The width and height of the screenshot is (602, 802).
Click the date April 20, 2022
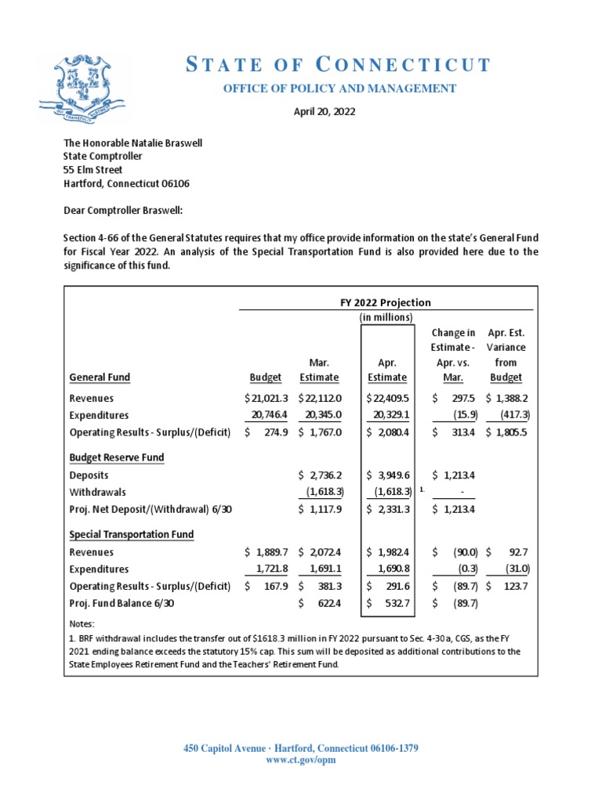point(324,112)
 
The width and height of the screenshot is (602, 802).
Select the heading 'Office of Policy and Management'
point(339,89)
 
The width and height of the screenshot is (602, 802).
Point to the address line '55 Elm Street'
point(92,169)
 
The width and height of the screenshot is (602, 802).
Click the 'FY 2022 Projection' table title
point(387,303)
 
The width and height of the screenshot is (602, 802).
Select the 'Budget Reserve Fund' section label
point(117,457)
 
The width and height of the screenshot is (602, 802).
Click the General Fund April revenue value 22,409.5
point(387,399)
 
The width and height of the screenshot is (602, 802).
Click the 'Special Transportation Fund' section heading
point(132,534)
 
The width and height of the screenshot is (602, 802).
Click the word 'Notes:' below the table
point(82,624)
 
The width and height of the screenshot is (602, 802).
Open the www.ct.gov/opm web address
point(301,760)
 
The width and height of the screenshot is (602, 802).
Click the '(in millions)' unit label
point(386,317)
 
